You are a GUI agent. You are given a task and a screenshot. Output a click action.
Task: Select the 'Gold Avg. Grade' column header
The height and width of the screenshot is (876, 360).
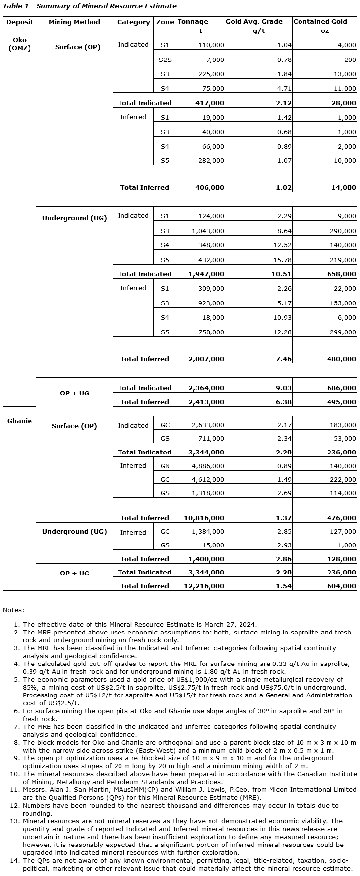click(254, 22)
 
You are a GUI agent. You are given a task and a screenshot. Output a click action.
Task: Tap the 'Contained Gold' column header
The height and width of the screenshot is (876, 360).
click(320, 22)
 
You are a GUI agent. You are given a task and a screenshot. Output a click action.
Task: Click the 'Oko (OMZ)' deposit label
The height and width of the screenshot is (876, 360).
click(20, 44)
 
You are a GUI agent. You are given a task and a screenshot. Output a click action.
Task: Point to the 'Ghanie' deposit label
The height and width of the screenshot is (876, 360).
click(20, 421)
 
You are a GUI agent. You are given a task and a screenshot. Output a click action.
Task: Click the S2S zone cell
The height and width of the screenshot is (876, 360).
click(165, 60)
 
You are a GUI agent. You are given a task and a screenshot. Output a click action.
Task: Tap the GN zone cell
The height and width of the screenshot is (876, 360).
click(165, 466)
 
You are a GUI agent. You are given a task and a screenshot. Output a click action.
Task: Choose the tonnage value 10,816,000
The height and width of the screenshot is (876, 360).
click(207, 518)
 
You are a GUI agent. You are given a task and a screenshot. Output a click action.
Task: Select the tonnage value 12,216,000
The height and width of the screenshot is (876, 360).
click(207, 586)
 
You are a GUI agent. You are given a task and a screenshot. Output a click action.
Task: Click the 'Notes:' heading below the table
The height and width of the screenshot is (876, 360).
click(13, 610)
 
